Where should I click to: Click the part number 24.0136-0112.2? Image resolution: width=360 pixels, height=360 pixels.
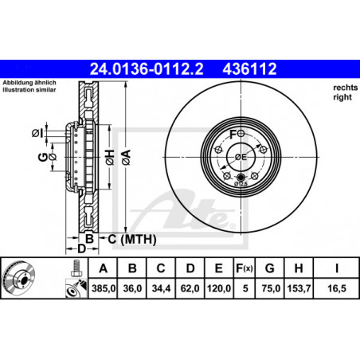point(147,69)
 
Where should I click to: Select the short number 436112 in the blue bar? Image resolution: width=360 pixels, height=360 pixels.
point(249,69)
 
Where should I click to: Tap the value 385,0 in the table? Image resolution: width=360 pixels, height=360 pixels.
point(104,288)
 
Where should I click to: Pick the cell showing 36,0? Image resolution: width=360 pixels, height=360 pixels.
point(132,288)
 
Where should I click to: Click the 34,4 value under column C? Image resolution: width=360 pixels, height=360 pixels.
point(161,288)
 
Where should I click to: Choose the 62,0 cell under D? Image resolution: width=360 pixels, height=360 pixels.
point(190,288)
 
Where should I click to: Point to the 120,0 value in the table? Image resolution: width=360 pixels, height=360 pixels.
point(219,288)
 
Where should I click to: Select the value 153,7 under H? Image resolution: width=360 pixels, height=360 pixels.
point(299,288)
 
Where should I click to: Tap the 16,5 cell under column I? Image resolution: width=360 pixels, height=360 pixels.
point(337,288)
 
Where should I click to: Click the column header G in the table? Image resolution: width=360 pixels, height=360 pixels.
point(269,268)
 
